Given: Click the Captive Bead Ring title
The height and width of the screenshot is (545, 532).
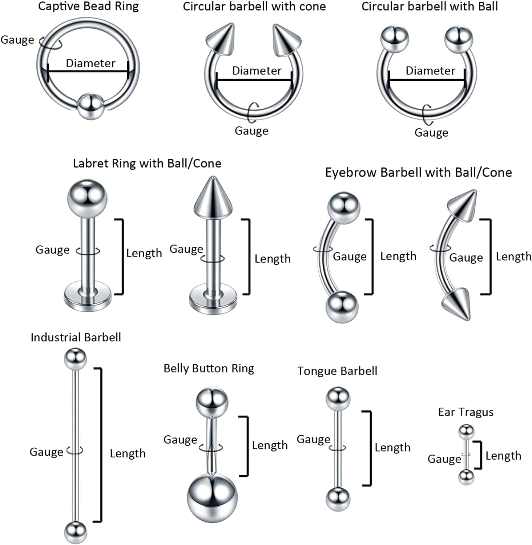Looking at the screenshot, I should click(x=88, y=7).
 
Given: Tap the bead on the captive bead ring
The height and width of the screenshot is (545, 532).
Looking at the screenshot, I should click(x=90, y=106).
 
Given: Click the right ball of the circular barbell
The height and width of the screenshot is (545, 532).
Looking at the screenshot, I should click(x=459, y=39).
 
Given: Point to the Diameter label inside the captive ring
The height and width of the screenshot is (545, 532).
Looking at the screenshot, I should click(x=90, y=63).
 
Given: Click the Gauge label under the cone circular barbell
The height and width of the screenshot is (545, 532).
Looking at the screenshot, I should click(x=251, y=131).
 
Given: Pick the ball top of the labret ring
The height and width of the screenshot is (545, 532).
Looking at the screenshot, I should click(x=87, y=199).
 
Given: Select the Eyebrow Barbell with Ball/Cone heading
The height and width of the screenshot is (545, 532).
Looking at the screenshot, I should click(x=418, y=173).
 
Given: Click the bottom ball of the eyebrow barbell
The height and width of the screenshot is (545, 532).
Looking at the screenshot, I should click(x=342, y=307).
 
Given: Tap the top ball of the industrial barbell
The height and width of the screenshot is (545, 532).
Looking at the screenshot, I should click(x=75, y=359).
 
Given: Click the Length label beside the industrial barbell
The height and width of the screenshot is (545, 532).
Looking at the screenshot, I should click(x=128, y=453).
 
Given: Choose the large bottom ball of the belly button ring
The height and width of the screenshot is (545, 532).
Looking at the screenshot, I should click(x=212, y=499).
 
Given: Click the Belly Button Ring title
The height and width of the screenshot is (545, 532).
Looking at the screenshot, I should click(x=209, y=369).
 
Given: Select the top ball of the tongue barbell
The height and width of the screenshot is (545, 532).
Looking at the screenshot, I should click(x=338, y=398).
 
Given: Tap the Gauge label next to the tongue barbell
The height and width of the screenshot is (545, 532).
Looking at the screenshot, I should click(x=313, y=439).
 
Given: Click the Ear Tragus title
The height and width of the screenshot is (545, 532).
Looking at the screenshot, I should click(x=466, y=412).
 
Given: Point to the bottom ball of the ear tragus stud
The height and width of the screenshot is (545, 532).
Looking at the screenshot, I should click(x=466, y=477).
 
